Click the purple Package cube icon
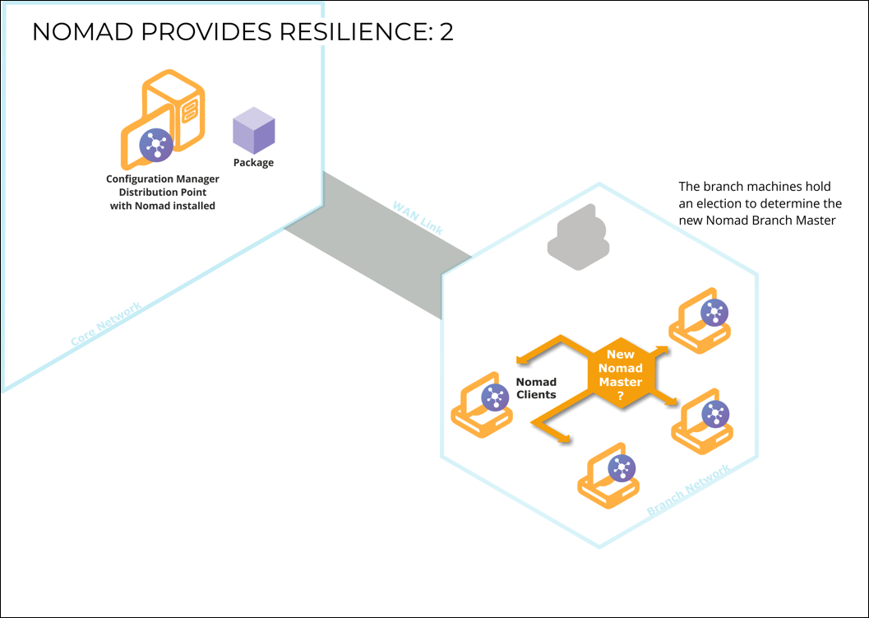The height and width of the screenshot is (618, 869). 253,131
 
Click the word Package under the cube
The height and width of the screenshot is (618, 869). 253,163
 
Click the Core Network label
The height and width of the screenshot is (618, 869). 106,323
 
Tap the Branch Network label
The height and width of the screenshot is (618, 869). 688,492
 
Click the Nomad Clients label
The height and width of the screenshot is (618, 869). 536,388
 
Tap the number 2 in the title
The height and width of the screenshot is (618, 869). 446,32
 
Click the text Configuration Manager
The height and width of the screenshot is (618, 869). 163,179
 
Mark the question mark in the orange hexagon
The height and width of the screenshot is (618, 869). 621,396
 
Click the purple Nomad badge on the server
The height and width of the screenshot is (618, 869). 154,145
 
